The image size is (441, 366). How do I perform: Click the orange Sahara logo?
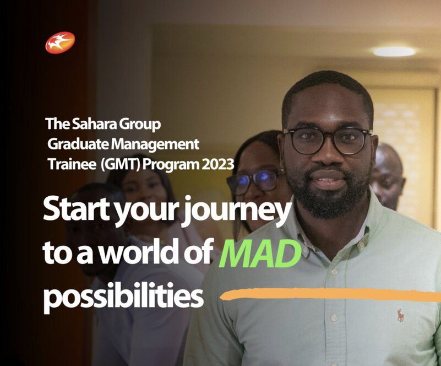click(60, 42)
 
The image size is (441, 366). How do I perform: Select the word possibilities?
click(123, 297)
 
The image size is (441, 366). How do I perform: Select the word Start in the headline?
click(77, 210)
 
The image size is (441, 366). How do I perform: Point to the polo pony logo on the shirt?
click(400, 315)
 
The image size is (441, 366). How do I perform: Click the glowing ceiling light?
click(394, 51)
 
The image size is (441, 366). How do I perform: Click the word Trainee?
click(72, 165)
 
